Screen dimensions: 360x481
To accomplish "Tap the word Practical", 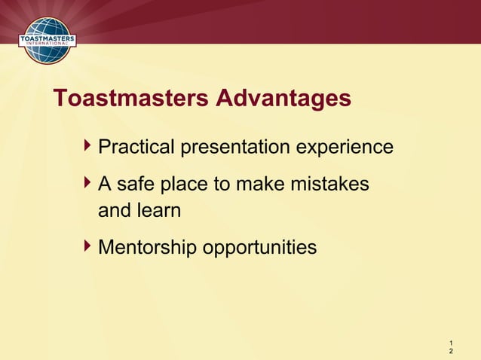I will (136, 147).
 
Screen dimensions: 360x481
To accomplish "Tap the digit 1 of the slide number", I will (451, 343).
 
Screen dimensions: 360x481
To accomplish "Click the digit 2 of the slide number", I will (451, 352).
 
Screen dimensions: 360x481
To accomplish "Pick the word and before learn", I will (115, 210).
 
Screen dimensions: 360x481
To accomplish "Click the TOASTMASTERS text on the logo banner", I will (45, 35).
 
